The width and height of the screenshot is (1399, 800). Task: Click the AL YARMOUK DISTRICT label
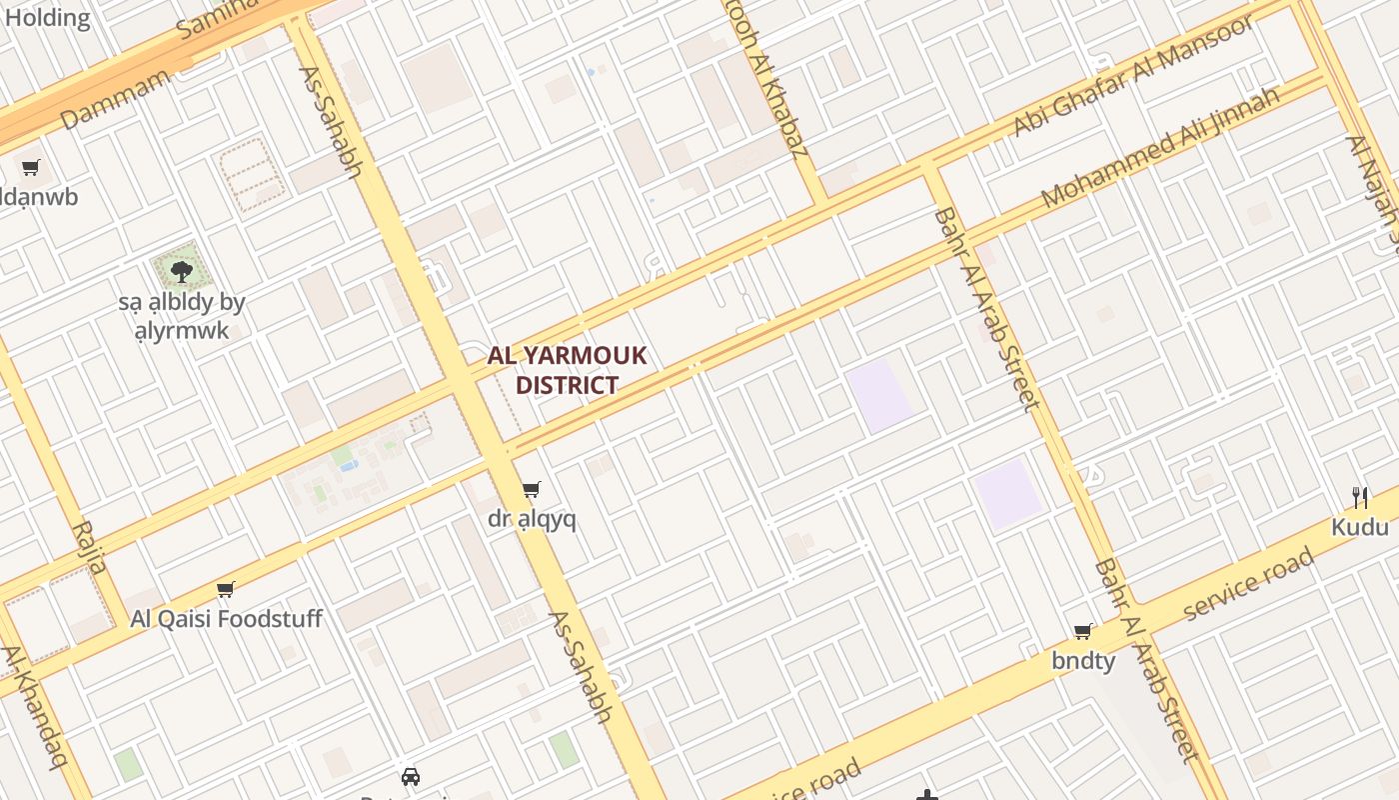(x=567, y=370)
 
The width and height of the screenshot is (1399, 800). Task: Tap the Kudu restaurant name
(x=1360, y=527)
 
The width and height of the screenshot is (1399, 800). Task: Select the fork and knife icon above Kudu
(x=1360, y=497)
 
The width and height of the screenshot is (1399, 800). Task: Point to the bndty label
(x=1083, y=661)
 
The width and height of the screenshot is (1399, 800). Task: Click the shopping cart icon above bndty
(x=1082, y=631)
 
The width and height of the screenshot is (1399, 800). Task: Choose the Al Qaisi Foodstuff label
(x=226, y=619)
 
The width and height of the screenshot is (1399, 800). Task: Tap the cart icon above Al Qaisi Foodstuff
(x=226, y=589)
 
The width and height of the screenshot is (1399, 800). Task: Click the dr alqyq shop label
(x=532, y=519)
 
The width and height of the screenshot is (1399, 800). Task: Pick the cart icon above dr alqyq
(x=532, y=489)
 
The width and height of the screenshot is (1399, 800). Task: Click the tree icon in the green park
(x=181, y=270)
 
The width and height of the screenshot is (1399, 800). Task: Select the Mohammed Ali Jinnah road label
(x=1160, y=148)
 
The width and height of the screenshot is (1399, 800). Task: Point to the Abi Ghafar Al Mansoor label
(x=1133, y=76)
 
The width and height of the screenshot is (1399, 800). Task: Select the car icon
(x=410, y=777)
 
